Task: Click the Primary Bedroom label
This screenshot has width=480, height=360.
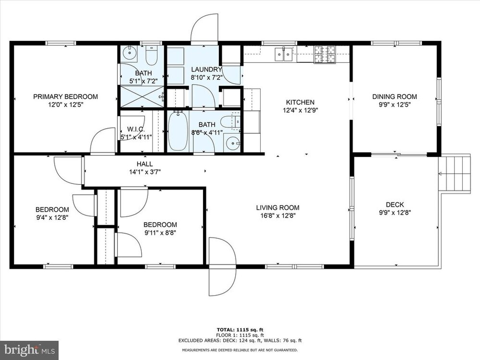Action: pos(65,97)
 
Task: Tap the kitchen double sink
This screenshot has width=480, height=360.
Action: pos(284,54)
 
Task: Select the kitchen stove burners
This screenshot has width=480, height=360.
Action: pos(325,55)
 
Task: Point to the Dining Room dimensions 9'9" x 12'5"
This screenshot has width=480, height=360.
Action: pos(394,104)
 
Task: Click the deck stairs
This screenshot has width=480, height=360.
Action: pos(455,173)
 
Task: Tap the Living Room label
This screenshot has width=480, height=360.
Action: pos(277,207)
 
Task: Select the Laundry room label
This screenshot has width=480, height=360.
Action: pos(206,70)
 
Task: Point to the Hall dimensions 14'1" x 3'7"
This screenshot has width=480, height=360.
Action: pos(145,172)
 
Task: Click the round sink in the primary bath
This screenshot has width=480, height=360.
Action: pos(130,53)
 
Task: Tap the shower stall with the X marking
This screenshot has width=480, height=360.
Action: pos(142,96)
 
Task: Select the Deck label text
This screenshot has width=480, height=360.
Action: pos(395,204)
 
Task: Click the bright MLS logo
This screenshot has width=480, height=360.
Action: pos(29,349)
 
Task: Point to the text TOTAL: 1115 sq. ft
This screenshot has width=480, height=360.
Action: pos(240,330)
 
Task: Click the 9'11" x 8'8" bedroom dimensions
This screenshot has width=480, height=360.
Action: pos(160,233)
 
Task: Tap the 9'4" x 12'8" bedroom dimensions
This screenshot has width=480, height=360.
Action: pos(52,217)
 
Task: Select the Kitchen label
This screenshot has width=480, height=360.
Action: pos(300,102)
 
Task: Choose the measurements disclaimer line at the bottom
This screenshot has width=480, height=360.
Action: pos(240,350)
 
